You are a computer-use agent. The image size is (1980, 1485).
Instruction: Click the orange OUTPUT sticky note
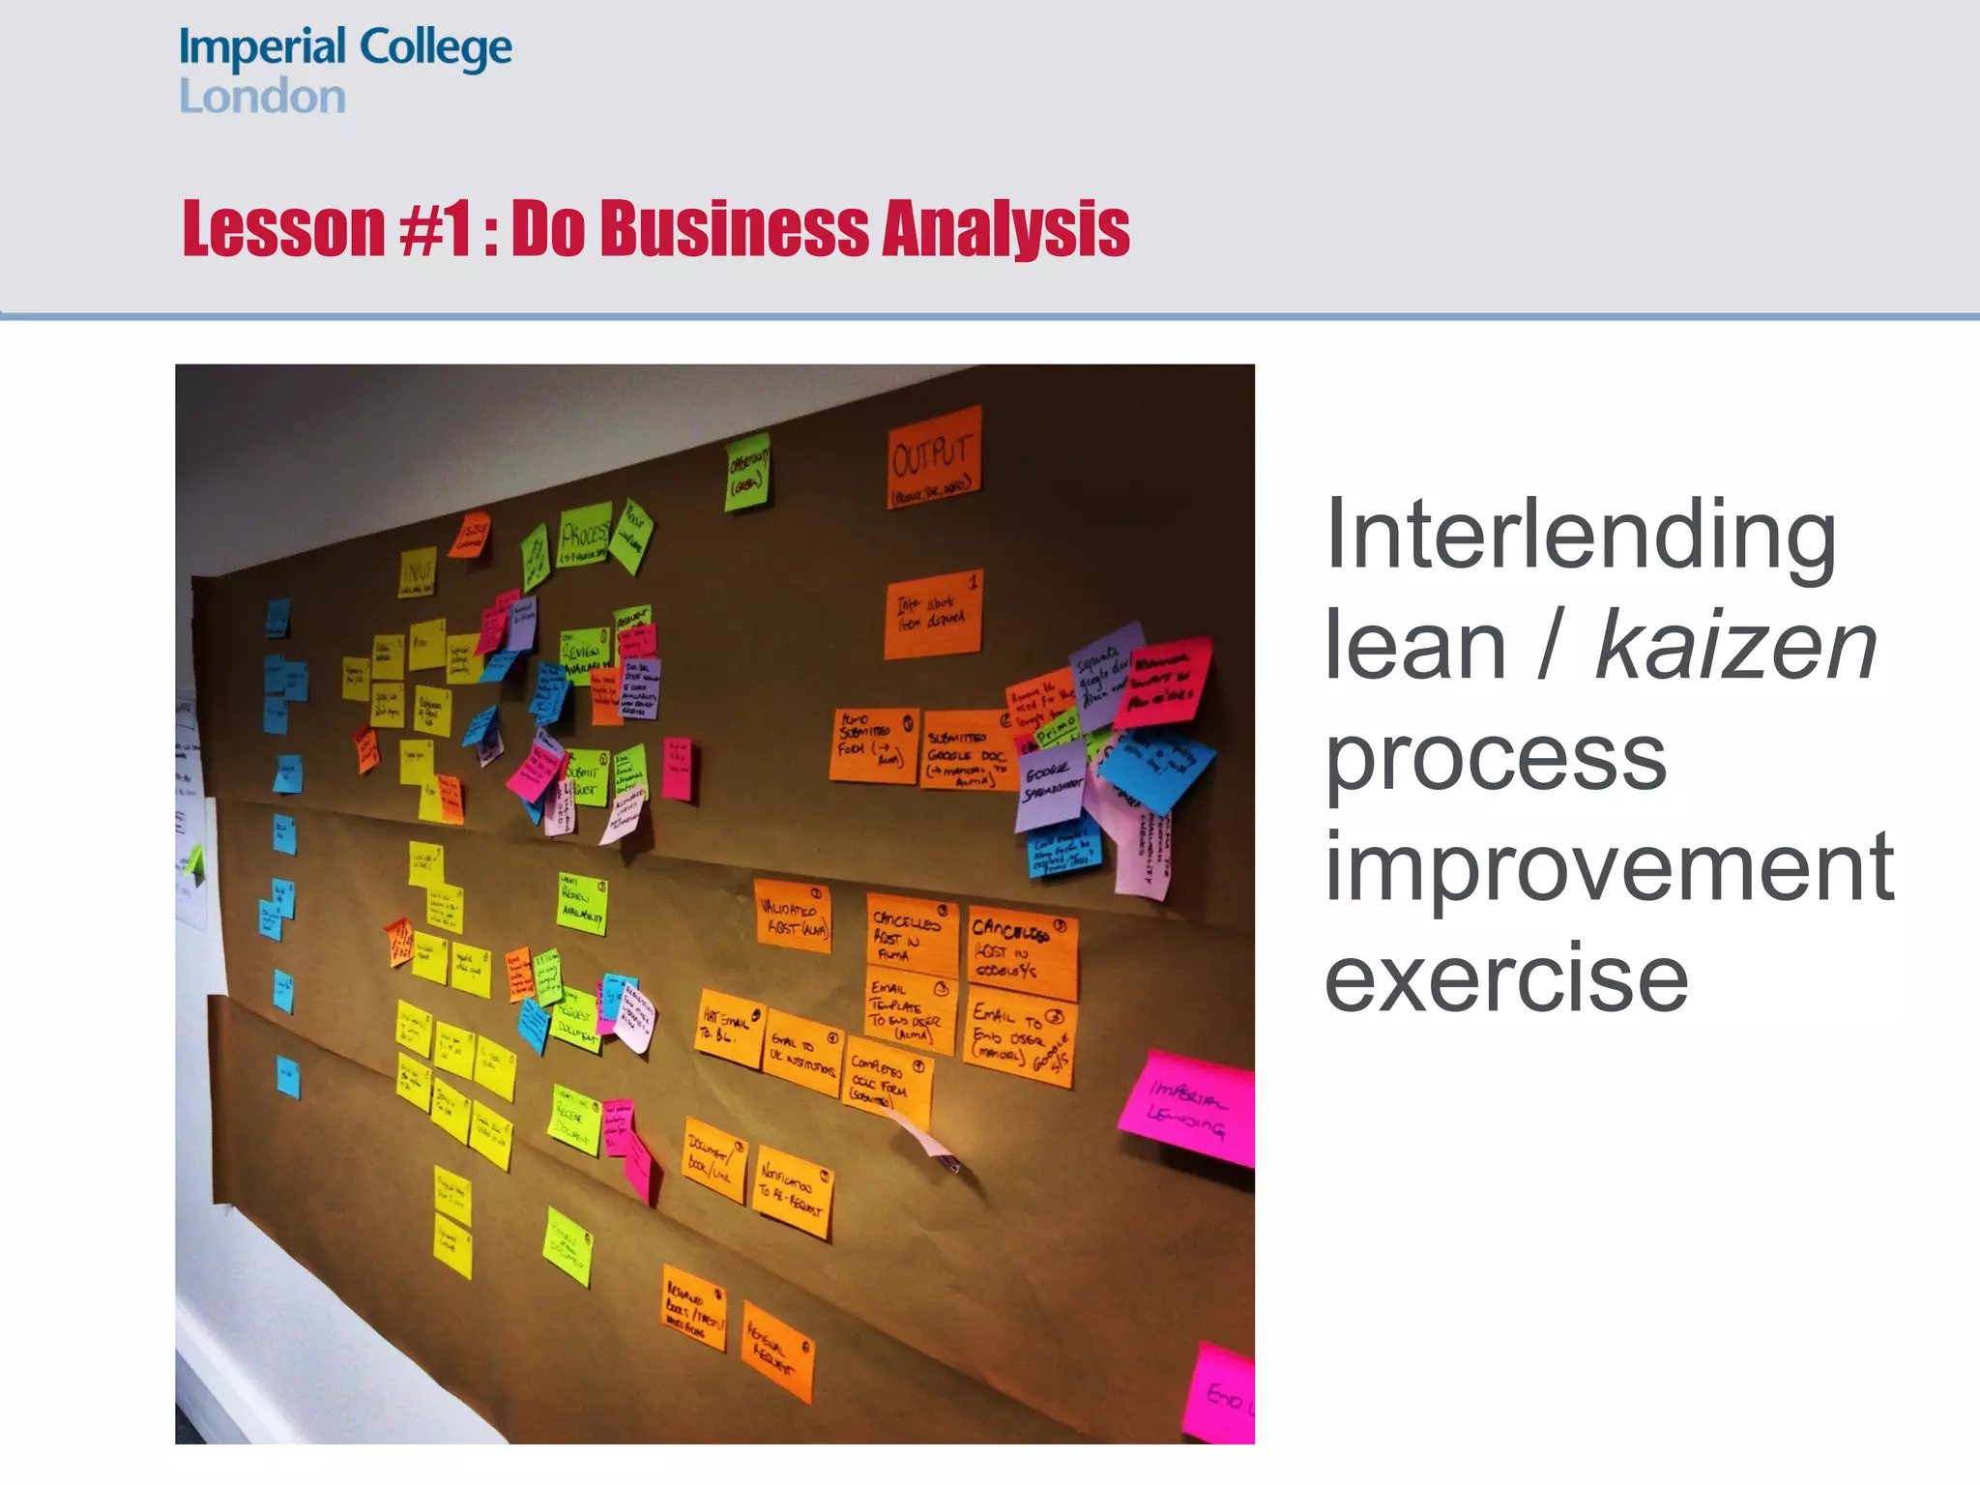click(x=934, y=458)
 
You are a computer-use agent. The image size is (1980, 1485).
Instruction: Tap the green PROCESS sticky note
click(x=586, y=536)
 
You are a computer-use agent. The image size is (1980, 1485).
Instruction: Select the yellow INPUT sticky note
click(x=418, y=573)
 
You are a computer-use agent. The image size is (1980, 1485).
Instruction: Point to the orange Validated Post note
click(x=793, y=916)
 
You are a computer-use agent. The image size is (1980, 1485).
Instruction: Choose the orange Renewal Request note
click(x=777, y=1351)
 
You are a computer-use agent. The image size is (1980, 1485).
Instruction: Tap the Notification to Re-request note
click(x=793, y=1191)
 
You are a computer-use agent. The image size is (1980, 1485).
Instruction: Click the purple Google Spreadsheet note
click(x=1049, y=784)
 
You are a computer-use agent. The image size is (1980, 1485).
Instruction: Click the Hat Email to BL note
click(x=730, y=1028)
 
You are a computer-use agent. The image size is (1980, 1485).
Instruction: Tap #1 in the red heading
click(x=435, y=229)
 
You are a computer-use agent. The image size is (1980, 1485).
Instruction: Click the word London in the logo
click(x=262, y=97)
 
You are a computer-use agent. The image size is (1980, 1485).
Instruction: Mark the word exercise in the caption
click(x=1505, y=978)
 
